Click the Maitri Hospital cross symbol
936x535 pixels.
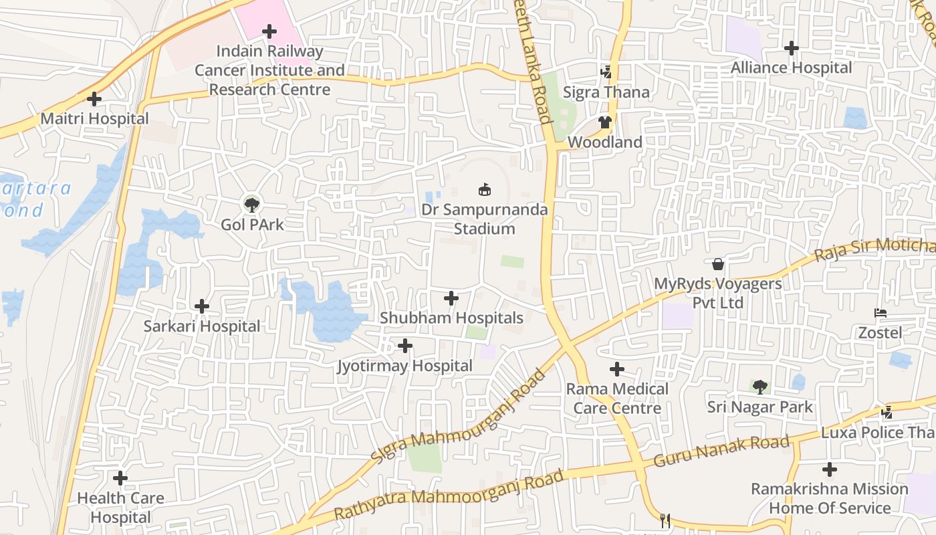94,99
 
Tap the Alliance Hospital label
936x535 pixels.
791,68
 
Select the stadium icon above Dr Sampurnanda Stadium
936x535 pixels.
484,190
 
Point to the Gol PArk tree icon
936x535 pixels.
252,205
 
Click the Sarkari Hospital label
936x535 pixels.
201,326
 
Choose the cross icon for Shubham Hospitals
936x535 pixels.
451,298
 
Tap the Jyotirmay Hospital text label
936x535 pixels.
404,366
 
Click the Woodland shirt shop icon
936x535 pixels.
604,122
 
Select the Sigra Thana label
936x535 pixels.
606,92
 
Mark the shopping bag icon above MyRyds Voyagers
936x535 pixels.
717,264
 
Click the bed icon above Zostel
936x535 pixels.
880,313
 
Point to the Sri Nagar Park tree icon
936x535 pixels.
759,387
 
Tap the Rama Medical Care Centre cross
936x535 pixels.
617,369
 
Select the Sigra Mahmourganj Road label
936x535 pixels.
459,419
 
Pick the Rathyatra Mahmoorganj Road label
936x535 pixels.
449,496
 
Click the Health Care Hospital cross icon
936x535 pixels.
120,479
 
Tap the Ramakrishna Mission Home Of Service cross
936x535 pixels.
829,469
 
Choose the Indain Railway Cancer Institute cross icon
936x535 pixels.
269,31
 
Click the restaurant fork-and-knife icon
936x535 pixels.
665,520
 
